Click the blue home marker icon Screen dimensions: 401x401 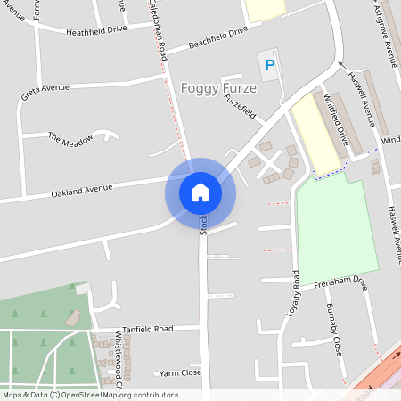click(200, 192)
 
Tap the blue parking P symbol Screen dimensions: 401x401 click(268, 65)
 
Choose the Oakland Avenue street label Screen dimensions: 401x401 click(82, 189)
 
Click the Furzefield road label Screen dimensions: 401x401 click(241, 110)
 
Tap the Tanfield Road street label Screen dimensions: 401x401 click(147, 329)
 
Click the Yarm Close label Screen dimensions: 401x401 click(181, 373)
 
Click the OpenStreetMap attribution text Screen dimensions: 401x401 click(89, 395)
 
